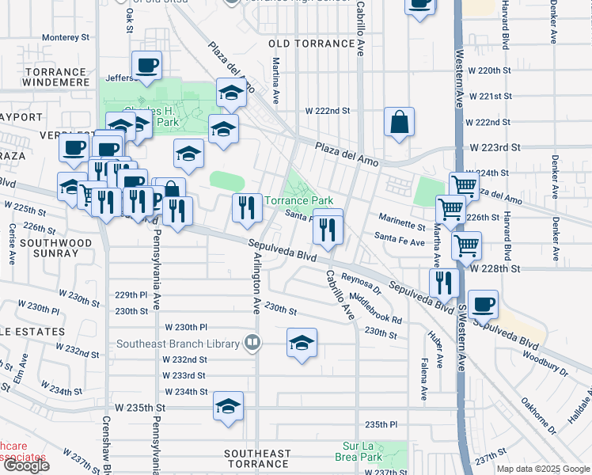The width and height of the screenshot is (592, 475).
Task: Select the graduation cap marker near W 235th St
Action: (x=229, y=408)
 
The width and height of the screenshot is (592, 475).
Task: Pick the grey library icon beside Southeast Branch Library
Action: (x=252, y=343)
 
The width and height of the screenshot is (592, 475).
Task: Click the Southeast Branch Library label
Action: (x=178, y=344)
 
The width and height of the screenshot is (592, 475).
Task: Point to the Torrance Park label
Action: (x=298, y=201)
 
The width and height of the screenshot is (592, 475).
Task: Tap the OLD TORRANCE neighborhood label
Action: (x=311, y=44)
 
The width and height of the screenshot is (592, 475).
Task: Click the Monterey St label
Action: (x=66, y=37)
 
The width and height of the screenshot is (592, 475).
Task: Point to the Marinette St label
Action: (x=402, y=226)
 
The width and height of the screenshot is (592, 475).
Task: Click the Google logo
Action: (x=26, y=465)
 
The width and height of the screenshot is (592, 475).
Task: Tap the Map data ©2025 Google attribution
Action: (x=544, y=469)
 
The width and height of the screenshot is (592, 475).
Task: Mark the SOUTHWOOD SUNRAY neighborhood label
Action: (x=48, y=248)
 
